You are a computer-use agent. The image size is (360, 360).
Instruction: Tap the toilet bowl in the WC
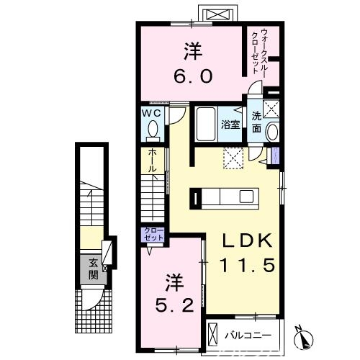[x=153, y=130]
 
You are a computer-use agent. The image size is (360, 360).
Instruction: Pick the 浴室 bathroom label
[x=230, y=124]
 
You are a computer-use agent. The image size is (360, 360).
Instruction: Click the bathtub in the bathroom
[x=209, y=125]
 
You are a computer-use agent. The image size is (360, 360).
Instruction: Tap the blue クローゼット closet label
[x=153, y=235]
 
